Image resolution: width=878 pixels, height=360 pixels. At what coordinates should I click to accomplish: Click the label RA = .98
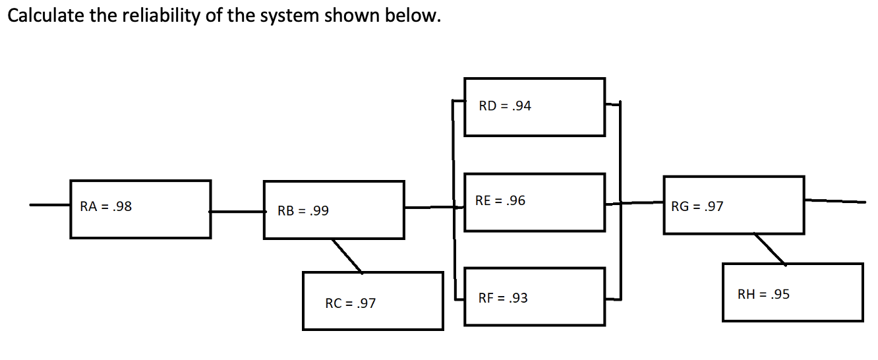(105, 206)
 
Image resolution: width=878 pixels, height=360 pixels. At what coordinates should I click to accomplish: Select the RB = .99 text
(303, 211)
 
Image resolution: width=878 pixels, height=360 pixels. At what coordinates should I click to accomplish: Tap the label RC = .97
(351, 303)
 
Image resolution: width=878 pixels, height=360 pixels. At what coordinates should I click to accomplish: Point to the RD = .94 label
(505, 105)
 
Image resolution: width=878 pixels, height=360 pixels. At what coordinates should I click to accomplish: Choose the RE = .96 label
(500, 200)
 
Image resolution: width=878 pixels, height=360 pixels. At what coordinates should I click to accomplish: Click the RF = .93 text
(503, 298)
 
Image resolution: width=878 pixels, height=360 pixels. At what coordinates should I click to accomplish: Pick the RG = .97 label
(697, 206)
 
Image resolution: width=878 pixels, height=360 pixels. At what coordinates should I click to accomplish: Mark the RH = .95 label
(763, 294)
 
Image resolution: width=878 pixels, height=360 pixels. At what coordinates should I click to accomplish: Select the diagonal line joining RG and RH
(769, 249)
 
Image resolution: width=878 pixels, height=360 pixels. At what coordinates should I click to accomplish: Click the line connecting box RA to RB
(237, 212)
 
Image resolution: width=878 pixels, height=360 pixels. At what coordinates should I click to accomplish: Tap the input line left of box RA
(49, 205)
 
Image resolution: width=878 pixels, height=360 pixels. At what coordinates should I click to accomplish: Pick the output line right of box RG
(834, 200)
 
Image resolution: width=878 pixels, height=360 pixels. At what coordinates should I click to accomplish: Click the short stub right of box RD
(613, 104)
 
